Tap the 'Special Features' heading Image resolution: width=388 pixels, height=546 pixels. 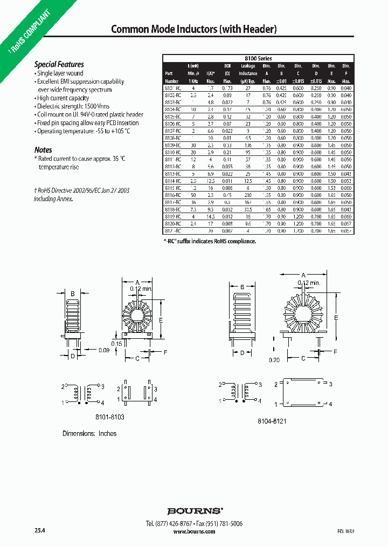click(x=59, y=64)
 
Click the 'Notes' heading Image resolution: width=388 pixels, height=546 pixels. click(x=43, y=149)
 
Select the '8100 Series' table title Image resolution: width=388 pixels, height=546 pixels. click(x=259, y=58)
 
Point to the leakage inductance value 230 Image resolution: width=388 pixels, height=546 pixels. click(x=248, y=195)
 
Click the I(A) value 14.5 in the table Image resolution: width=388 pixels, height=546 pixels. click(x=211, y=216)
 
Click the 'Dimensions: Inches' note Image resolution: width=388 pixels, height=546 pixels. click(x=89, y=433)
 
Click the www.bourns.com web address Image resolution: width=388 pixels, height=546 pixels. click(x=194, y=531)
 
